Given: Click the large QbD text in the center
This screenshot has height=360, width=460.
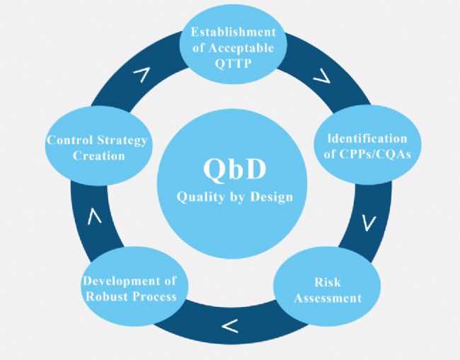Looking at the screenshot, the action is (235, 170).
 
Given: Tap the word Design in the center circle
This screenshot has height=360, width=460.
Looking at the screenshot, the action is (272, 197).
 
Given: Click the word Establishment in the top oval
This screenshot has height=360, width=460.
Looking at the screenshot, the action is (234, 32).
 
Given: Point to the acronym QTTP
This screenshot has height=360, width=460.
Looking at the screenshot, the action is (234, 64).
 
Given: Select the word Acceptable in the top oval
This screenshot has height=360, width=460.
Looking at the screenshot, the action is (242, 48).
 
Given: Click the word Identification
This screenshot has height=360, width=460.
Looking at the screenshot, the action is (367, 139).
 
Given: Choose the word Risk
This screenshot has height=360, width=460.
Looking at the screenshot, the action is (328, 282).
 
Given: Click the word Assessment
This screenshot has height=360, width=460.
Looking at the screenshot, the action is (328, 298).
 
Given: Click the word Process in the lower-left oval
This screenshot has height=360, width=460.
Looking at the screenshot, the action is (154, 296).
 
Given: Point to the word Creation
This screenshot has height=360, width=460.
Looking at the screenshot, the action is (99, 156).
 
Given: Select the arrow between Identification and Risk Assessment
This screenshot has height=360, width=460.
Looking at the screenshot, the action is (369, 223).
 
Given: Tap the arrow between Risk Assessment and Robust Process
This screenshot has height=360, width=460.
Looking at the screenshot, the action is (230, 326).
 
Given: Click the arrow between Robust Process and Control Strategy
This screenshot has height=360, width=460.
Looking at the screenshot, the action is (94, 216).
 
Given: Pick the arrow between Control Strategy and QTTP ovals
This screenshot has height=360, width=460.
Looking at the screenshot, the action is (142, 74).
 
